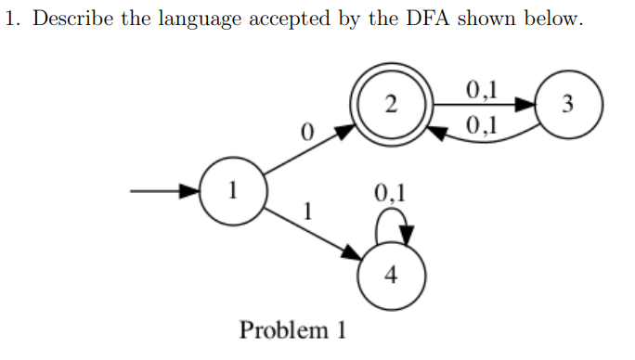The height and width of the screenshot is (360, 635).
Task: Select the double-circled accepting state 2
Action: tap(391, 104)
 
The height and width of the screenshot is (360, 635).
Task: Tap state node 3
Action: tap(569, 104)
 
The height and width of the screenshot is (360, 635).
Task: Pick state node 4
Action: tap(391, 276)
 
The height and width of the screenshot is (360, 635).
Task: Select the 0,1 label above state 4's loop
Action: tap(390, 194)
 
